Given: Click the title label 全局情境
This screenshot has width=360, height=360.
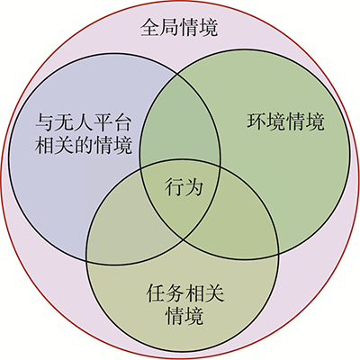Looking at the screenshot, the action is click(179, 28).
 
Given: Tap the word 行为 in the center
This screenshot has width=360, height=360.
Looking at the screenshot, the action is click(184, 187).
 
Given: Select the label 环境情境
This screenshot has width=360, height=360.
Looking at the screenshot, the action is click(285, 121).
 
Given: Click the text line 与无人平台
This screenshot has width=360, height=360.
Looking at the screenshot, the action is click(84, 122).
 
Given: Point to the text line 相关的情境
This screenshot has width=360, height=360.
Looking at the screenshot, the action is click(84, 145).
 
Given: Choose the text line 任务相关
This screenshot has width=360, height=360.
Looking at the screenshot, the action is click(185, 293).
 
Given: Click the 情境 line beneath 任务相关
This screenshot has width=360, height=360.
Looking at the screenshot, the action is click(184, 316).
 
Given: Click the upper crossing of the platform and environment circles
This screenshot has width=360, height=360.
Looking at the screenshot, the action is click(177, 73).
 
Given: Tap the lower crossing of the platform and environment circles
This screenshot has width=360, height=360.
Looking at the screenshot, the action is click(184, 239).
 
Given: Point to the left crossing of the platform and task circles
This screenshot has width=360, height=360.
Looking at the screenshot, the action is click(86, 260).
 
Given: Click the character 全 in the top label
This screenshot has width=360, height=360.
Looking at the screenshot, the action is click(150, 28).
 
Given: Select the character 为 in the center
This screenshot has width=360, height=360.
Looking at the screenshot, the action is click(193, 187).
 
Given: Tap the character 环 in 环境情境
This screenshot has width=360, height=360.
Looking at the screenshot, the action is click(256, 121).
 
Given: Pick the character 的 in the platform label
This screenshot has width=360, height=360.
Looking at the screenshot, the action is click(84, 145).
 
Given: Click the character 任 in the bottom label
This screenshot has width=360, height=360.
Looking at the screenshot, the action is click(156, 293).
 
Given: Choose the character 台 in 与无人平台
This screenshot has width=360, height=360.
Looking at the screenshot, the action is click(122, 122).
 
